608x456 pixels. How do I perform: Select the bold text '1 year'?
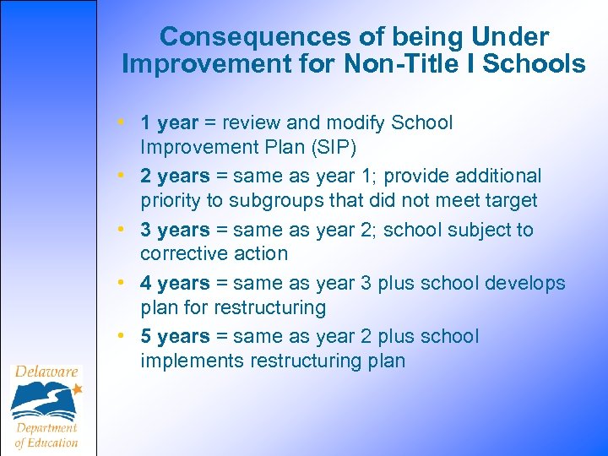169,123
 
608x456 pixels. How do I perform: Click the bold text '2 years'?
175,176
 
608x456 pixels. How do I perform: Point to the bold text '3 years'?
175,230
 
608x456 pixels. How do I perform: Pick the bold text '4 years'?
175,283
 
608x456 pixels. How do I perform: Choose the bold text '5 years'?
175,336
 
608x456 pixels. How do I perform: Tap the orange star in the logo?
78,389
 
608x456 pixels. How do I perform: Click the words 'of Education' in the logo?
46,442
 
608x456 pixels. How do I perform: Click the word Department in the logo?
46,427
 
